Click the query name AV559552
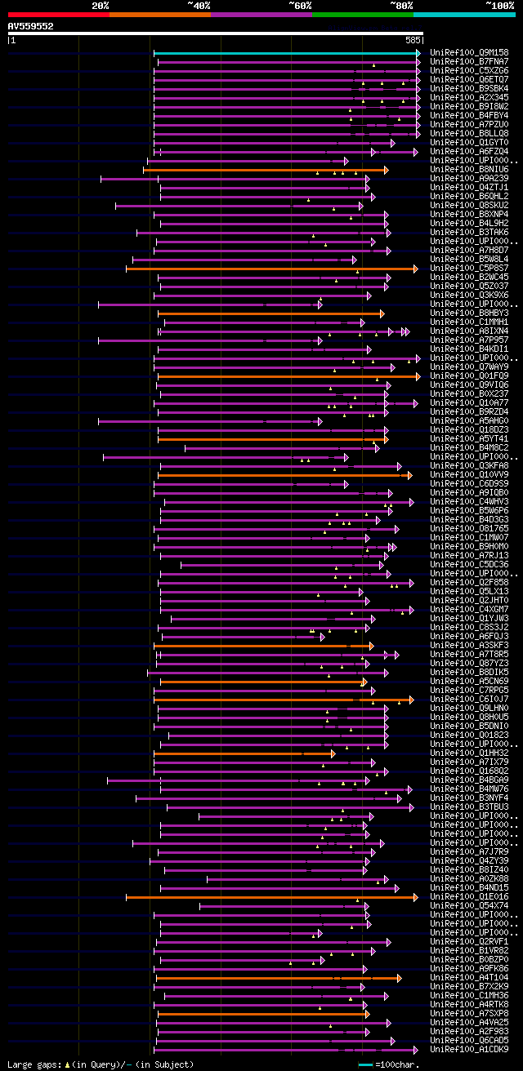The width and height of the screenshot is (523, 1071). click(30, 26)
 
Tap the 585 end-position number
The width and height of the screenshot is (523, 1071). click(412, 39)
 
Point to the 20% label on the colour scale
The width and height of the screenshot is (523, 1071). click(100, 5)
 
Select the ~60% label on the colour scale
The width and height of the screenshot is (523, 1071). click(300, 5)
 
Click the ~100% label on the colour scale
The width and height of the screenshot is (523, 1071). click(499, 5)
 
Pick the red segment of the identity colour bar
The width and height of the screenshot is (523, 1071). click(58, 14)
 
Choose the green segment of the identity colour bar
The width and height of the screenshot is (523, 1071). click(362, 14)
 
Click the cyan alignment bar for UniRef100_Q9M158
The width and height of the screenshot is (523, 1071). click(286, 53)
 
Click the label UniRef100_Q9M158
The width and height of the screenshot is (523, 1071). click(469, 53)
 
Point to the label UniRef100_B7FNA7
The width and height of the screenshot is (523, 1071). click(469, 62)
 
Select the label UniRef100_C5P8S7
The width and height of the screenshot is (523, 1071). click(469, 268)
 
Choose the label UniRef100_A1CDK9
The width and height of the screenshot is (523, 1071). click(469, 1050)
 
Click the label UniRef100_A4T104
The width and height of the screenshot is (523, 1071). click(469, 977)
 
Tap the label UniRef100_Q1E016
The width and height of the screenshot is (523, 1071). click(469, 896)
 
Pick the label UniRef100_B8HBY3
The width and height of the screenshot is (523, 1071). click(469, 313)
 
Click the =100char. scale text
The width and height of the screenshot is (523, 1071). click(397, 1064)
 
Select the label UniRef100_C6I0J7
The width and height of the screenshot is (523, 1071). click(469, 699)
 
